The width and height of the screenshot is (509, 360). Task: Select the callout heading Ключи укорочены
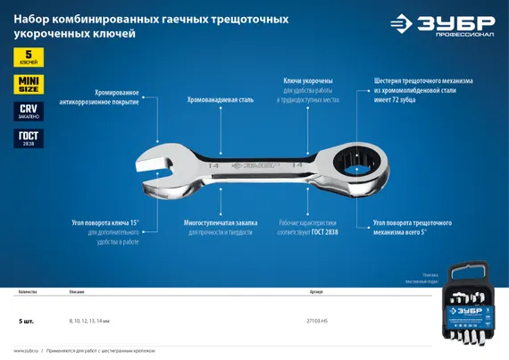[x=309, y=80]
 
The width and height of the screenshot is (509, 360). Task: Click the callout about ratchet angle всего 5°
[x=412, y=227]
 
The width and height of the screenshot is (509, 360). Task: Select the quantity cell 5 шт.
[x=26, y=319]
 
